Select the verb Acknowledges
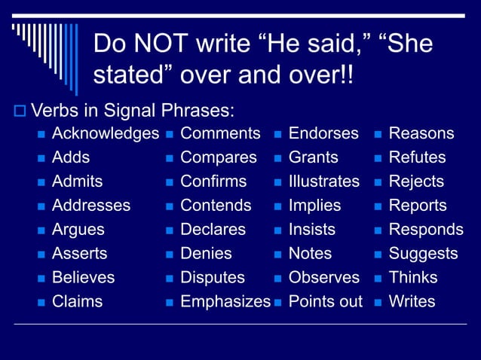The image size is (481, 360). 106,134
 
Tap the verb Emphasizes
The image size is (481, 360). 225,302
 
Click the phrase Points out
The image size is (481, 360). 325,302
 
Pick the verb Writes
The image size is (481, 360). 412,302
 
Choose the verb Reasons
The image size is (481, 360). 421,134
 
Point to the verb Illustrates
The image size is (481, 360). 323,182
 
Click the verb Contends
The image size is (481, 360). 216,206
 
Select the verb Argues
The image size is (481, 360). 78,230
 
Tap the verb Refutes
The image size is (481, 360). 417,158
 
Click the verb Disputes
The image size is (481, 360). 213,278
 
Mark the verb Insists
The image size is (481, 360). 311,230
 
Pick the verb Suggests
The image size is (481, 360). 423,254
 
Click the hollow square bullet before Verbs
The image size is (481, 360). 20,112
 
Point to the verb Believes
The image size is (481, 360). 83,278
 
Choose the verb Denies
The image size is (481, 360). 206,254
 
